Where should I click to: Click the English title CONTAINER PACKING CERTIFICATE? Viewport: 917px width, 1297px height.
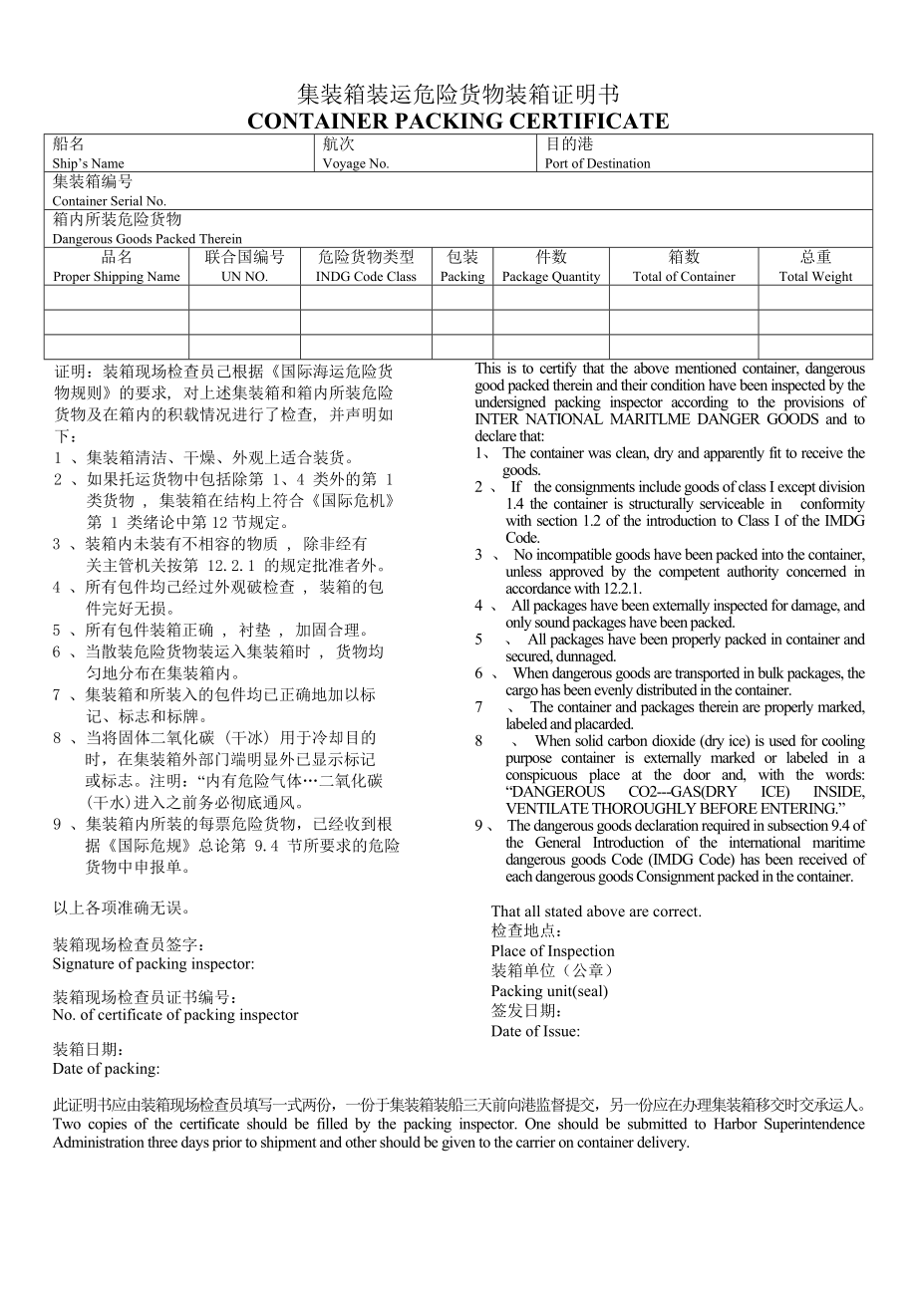(x=458, y=122)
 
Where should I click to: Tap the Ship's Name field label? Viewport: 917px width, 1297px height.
(x=89, y=163)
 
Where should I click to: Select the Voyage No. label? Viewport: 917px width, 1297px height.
(x=356, y=163)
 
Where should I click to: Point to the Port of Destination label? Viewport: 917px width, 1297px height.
(x=597, y=163)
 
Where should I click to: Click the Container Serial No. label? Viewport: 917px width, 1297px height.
(x=110, y=201)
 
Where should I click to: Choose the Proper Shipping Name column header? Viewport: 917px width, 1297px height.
(x=117, y=277)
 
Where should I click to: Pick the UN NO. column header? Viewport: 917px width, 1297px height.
(x=244, y=277)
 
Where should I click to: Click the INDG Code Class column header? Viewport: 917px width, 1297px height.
(x=366, y=277)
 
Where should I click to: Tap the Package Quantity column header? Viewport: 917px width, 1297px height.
(x=551, y=277)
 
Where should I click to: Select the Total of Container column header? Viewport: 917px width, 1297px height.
(x=684, y=277)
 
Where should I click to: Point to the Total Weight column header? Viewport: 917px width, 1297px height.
(x=815, y=277)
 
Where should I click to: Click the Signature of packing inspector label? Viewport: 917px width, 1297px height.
(x=153, y=964)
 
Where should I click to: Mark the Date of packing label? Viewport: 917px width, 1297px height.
(x=106, y=1069)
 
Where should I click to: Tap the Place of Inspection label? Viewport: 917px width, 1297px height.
(x=552, y=951)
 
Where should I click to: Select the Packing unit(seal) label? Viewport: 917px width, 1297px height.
(x=549, y=991)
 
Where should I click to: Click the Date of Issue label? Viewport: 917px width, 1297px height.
(x=535, y=1031)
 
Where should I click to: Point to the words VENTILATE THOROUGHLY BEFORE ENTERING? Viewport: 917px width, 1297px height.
(x=675, y=808)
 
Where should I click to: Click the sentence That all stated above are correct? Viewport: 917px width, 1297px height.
(x=596, y=911)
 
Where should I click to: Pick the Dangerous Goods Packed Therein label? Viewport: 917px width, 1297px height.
(x=147, y=239)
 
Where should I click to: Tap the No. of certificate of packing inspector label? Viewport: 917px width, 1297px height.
(x=175, y=1015)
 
